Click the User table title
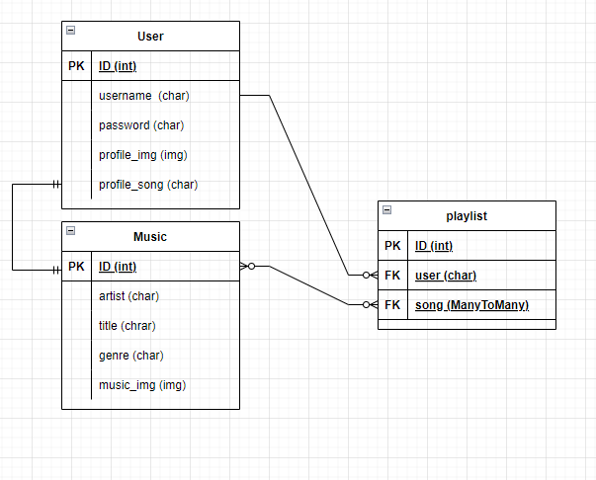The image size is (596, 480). (x=150, y=37)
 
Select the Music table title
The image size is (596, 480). (x=150, y=237)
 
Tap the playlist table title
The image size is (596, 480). (x=467, y=215)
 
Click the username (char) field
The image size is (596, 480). (x=144, y=96)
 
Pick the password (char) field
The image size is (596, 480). (x=141, y=125)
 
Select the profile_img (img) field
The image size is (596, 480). (x=143, y=155)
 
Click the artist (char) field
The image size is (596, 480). (x=129, y=295)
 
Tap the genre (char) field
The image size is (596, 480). (x=131, y=355)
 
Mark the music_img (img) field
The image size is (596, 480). (x=142, y=384)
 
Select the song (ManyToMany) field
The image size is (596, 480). (x=471, y=305)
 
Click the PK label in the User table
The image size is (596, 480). (x=76, y=66)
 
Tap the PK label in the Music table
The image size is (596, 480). (x=76, y=267)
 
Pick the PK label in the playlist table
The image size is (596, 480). (x=392, y=246)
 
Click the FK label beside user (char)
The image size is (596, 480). (x=392, y=276)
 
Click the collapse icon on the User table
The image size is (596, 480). (x=70, y=31)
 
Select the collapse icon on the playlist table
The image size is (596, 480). (x=386, y=209)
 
